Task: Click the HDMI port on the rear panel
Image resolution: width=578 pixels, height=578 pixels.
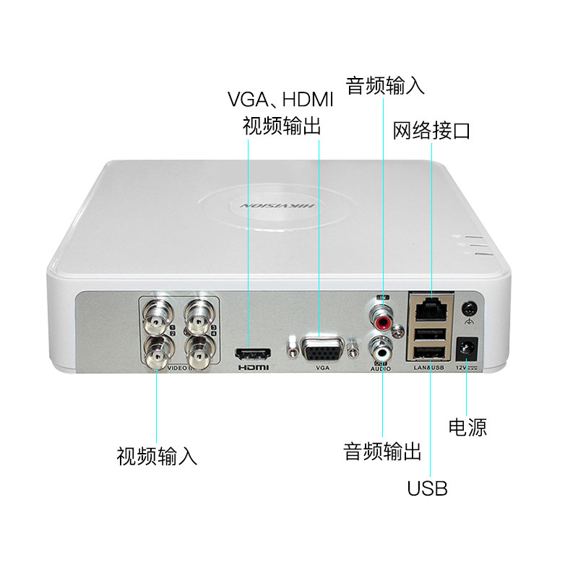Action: (251, 355)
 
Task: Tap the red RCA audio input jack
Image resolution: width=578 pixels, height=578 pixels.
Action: (383, 315)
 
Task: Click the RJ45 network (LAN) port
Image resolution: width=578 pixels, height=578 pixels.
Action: (430, 308)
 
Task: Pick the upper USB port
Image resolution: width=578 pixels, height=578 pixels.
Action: (430, 332)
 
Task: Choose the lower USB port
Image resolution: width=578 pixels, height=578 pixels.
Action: (430, 353)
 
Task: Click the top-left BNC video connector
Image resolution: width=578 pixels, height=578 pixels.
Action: (157, 315)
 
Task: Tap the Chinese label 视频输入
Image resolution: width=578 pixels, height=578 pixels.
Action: (157, 457)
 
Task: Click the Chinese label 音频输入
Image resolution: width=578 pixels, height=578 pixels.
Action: (385, 86)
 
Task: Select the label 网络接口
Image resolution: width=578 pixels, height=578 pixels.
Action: (431, 131)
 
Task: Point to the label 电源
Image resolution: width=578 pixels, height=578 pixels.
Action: (467, 427)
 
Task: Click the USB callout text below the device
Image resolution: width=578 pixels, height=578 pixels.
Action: (427, 488)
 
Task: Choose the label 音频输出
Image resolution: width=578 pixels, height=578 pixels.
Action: (382, 453)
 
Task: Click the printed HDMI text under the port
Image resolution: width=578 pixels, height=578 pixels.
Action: (253, 368)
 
